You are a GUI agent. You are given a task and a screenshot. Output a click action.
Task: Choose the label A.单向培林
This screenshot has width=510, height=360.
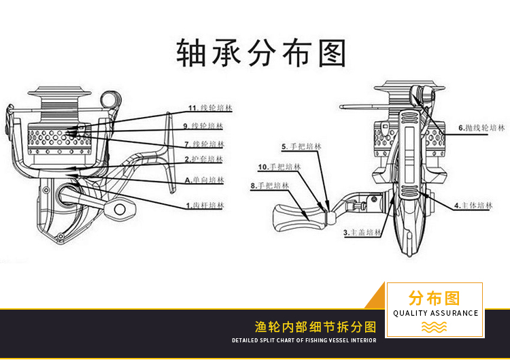(204, 180)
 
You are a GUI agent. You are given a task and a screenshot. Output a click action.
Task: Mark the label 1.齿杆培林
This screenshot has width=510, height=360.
(205, 205)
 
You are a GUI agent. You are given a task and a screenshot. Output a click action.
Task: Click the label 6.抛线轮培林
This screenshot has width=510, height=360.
(481, 127)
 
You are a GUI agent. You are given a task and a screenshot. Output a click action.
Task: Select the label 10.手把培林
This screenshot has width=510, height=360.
(279, 167)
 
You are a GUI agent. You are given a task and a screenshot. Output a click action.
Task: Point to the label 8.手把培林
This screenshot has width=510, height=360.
(270, 185)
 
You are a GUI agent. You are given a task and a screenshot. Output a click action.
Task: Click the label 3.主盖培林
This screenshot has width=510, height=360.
(363, 233)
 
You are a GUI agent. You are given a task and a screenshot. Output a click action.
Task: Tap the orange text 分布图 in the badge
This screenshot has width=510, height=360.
(435, 298)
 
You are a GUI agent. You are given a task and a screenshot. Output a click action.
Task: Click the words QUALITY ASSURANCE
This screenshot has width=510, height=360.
(435, 313)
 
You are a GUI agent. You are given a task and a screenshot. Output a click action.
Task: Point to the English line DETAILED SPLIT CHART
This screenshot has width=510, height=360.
(303, 340)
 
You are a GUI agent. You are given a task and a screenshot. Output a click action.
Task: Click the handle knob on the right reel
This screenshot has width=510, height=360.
(291, 217)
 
